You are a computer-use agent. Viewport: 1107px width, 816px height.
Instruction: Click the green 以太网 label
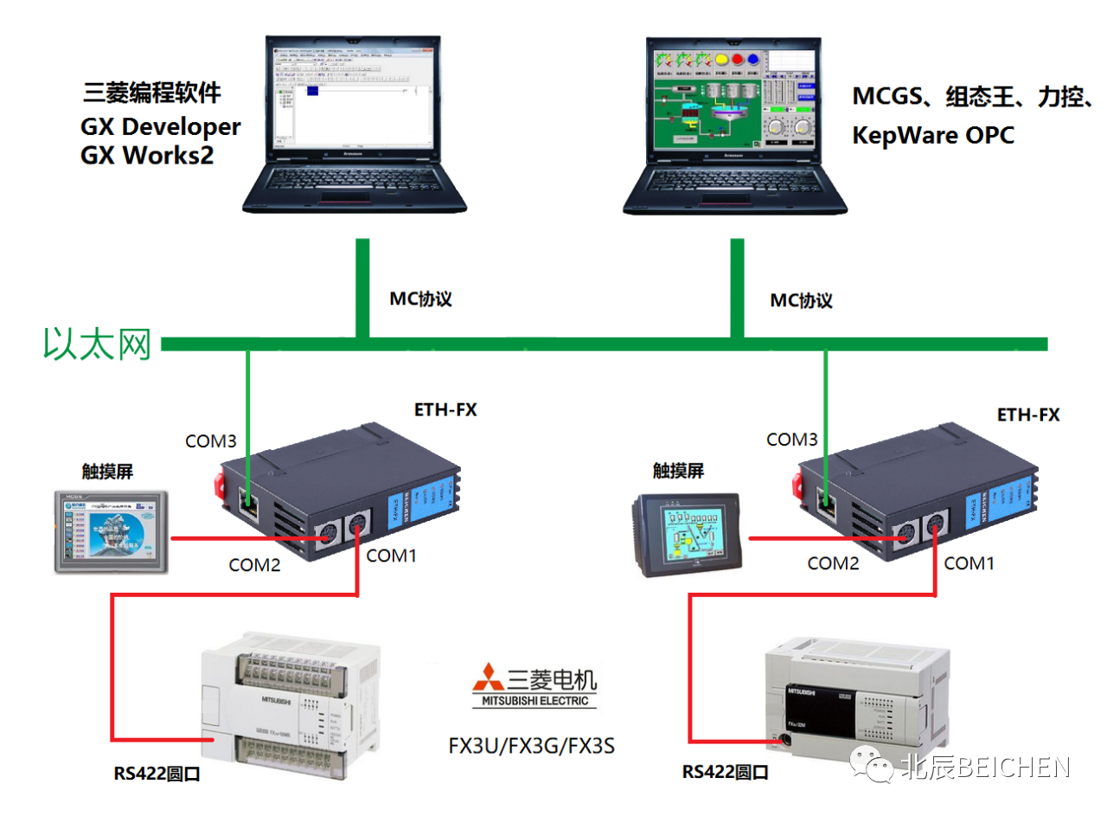click(x=98, y=344)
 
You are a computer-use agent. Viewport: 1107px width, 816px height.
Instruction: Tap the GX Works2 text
click(x=147, y=157)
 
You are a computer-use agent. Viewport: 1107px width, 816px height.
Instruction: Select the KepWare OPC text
click(x=933, y=136)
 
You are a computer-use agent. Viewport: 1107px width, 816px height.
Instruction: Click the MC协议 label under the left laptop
click(x=421, y=299)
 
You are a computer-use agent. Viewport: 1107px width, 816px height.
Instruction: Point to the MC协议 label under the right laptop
click(x=802, y=300)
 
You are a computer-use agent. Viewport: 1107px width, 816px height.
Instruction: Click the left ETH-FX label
click(x=445, y=409)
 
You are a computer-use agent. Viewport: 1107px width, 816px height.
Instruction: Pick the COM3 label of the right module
click(x=792, y=440)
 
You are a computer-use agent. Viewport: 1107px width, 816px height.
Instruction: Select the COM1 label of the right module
click(x=969, y=563)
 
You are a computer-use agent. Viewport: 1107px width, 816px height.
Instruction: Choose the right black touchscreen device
click(x=685, y=535)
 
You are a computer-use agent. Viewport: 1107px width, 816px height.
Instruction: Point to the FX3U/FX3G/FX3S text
click(x=531, y=745)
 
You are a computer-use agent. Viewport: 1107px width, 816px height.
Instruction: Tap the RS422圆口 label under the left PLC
click(x=157, y=774)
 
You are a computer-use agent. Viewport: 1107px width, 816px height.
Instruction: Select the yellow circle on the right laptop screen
click(x=721, y=60)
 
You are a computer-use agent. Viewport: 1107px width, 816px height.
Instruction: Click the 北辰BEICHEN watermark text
click(x=985, y=767)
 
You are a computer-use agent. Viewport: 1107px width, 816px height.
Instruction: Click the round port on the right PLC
click(x=784, y=740)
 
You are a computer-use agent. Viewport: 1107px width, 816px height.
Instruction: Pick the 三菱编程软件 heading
click(x=152, y=93)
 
